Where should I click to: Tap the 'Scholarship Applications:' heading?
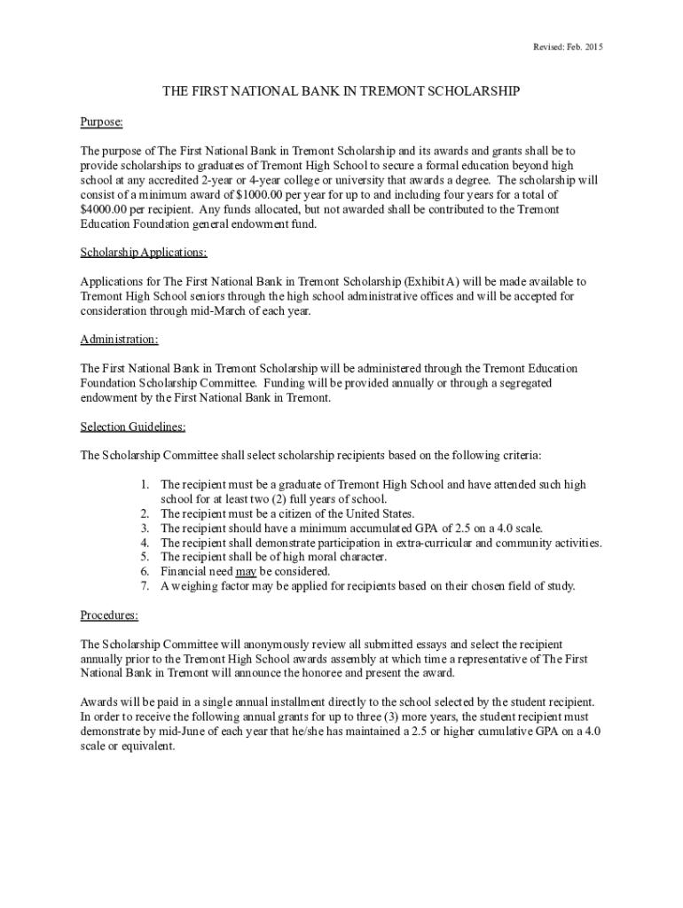pos(144,253)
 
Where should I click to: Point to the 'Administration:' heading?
pos(120,340)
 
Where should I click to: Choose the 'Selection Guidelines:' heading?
pos(133,427)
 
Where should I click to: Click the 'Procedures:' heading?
pos(109,614)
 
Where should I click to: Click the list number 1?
pos(144,485)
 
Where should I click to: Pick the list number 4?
pos(144,543)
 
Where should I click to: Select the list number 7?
pos(144,585)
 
